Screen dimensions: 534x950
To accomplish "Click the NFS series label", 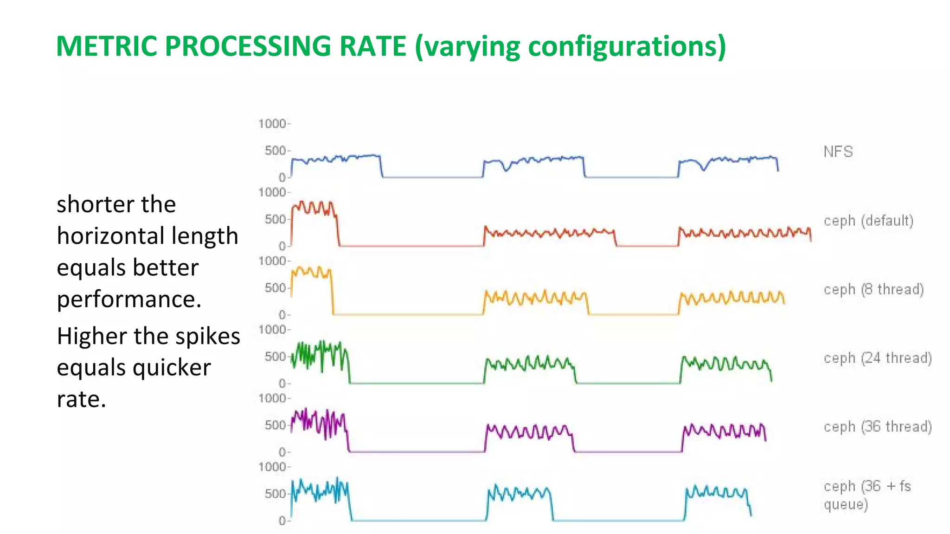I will (x=838, y=152).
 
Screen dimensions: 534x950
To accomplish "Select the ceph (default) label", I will (x=868, y=221).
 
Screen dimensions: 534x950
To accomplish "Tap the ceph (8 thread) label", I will (x=873, y=289).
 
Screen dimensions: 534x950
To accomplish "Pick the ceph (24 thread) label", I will (x=878, y=358).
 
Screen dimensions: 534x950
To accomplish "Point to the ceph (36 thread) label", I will (x=878, y=426).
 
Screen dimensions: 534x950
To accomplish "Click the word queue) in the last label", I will (x=846, y=504).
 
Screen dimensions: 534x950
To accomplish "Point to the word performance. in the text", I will (x=129, y=299).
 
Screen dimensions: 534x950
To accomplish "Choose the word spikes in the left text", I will (x=206, y=336).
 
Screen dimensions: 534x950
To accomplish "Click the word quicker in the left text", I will (x=172, y=368).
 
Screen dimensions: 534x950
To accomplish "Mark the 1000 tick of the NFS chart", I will (x=273, y=124).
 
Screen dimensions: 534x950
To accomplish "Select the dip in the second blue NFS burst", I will (x=506, y=169).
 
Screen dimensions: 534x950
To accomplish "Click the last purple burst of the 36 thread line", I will (x=724, y=431).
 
